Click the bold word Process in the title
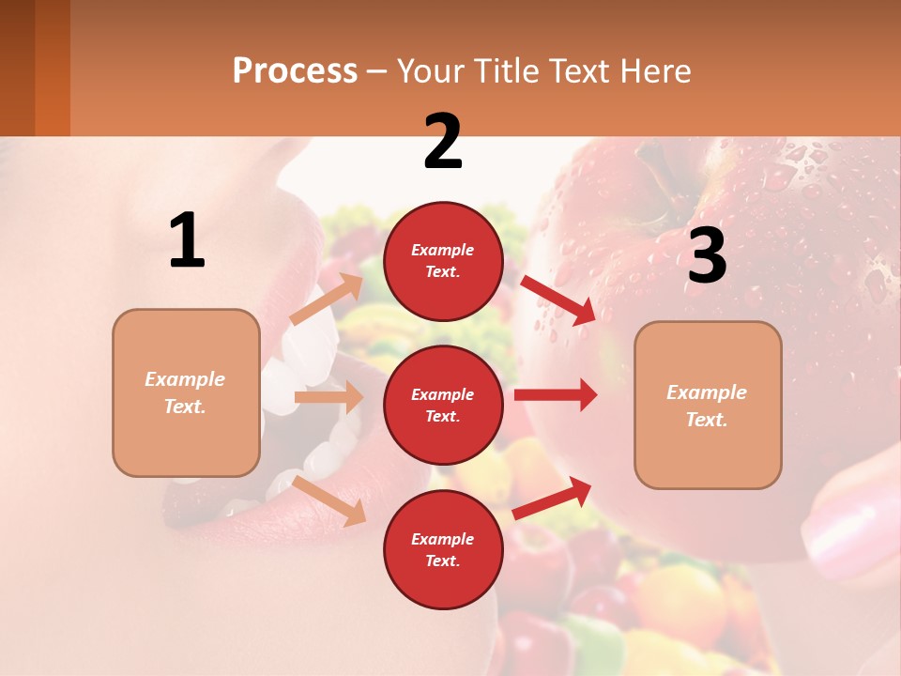tap(295, 71)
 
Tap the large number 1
tap(187, 241)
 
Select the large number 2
tap(443, 142)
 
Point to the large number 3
tap(707, 255)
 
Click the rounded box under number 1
tap(186, 392)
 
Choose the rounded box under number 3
tap(708, 405)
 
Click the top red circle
tap(443, 261)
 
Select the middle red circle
tap(443, 405)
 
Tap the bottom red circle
tap(443, 549)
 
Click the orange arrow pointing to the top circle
tap(327, 299)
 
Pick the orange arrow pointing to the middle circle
tap(328, 397)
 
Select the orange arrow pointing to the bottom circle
tap(328, 500)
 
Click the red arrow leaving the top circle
tap(558, 300)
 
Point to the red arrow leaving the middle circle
tap(555, 394)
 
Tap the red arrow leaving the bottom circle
tap(553, 498)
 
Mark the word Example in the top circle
tap(443, 250)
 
